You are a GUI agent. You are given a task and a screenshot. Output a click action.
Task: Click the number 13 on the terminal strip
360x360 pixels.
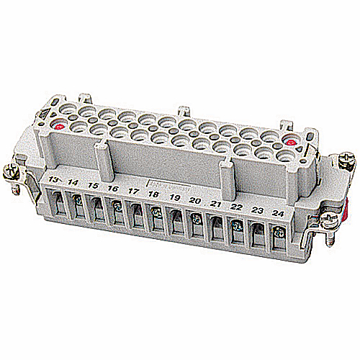tap(54, 178)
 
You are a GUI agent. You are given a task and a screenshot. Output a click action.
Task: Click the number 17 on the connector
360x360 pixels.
tap(133, 192)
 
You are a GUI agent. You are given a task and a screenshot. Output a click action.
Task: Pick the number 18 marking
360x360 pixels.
tap(153, 195)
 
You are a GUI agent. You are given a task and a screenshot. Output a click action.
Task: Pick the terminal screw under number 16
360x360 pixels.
tap(115, 206)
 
